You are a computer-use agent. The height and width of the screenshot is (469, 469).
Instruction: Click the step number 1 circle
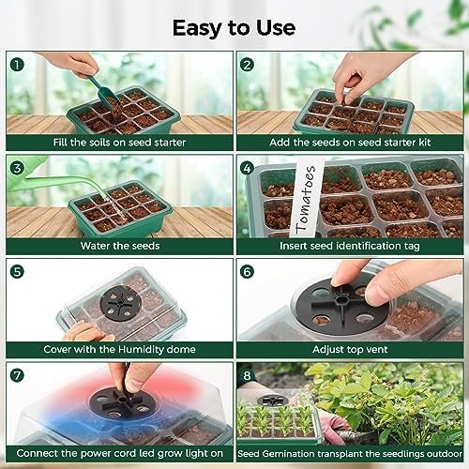pos(17,65)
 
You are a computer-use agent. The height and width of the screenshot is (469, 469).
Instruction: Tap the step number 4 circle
pos(247,168)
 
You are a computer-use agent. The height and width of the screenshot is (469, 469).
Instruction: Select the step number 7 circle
pos(17,375)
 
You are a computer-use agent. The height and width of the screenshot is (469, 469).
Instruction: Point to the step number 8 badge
pos(247,375)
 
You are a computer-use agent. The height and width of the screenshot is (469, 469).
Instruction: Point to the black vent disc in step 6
pos(341,305)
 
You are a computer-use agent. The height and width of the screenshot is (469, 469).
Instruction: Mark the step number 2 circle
pos(247,65)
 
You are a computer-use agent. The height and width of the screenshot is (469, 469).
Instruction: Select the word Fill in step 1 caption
pos(60,143)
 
